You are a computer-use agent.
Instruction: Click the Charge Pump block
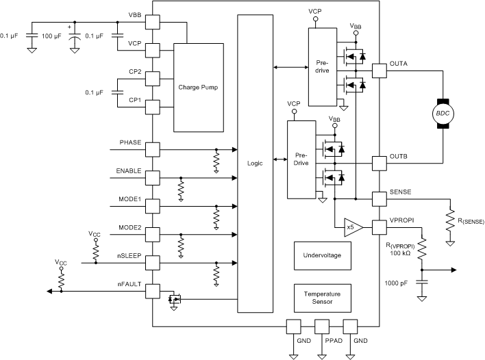(x=198, y=88)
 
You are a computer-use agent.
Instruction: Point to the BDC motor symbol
(x=442, y=112)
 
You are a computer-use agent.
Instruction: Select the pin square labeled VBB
(x=152, y=22)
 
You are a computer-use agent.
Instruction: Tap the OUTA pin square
(x=379, y=70)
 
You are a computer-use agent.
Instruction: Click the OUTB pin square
(x=379, y=163)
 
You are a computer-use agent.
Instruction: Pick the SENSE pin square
(x=379, y=198)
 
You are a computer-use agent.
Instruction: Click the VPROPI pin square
(x=379, y=227)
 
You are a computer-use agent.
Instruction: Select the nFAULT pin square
(x=152, y=291)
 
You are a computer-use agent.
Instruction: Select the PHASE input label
(x=130, y=142)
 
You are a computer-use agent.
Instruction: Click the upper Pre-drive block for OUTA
(x=322, y=67)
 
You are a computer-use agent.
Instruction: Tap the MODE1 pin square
(x=152, y=205)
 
